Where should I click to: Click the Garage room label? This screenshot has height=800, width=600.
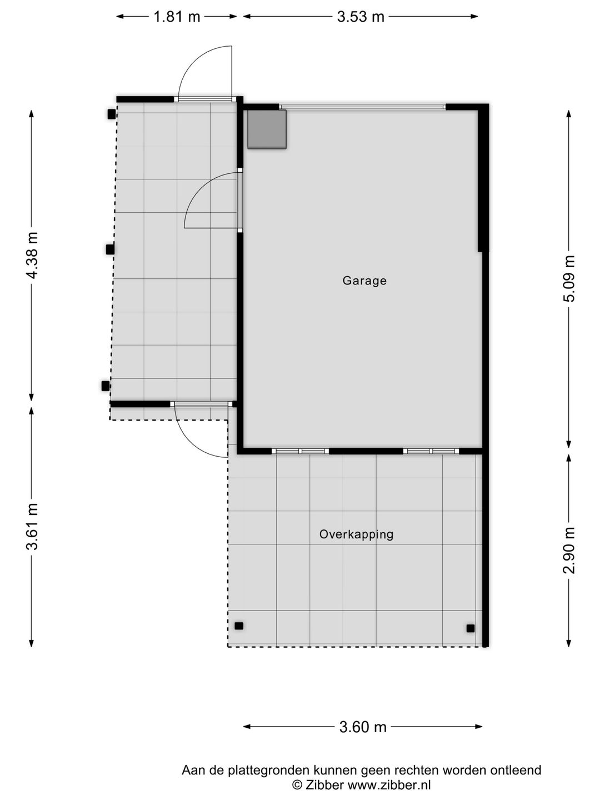click(364, 281)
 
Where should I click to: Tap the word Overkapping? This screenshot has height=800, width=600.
click(356, 534)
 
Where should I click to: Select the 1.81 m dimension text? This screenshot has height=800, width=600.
click(177, 17)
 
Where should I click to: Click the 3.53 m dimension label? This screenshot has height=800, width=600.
click(361, 17)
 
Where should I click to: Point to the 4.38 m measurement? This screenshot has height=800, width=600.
click(32, 255)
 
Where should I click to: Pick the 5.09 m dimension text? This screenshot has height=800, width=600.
click(569, 278)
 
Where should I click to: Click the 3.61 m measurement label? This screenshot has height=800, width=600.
click(32, 526)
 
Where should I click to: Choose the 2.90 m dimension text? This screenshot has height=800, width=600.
click(569, 551)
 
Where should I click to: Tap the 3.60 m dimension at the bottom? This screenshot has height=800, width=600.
click(363, 727)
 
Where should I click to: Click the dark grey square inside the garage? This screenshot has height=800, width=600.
click(267, 129)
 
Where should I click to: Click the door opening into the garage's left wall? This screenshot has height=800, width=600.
click(240, 200)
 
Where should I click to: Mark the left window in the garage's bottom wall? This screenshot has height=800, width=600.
click(301, 451)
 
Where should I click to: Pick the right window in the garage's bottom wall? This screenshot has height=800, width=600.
click(431, 451)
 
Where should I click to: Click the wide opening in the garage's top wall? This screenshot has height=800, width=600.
click(362, 107)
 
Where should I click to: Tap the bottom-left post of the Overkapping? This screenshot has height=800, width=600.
click(239, 626)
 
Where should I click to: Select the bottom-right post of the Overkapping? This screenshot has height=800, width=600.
click(471, 628)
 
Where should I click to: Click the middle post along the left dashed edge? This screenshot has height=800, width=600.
click(110, 249)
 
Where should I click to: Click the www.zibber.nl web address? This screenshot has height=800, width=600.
click(389, 784)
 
